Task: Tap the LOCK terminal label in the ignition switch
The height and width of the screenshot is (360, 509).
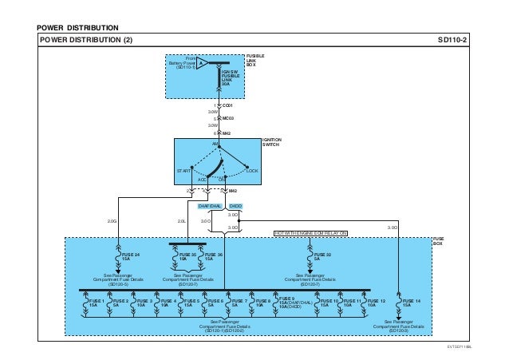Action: (252, 171)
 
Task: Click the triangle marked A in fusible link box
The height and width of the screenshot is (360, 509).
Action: (203, 62)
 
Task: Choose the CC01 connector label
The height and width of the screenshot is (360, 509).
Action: (228, 104)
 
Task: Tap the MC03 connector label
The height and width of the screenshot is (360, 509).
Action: (227, 118)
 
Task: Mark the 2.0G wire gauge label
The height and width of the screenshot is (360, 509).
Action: (111, 222)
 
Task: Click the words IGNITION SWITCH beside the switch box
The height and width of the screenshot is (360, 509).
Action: (272, 141)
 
